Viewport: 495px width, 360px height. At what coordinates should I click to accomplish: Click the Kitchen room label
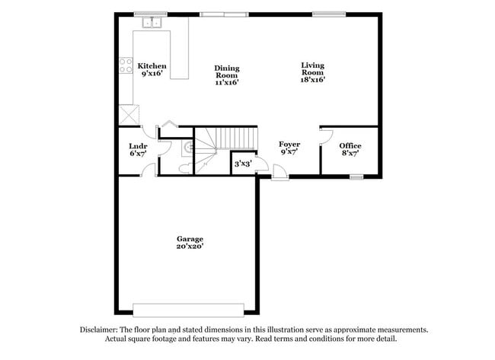[152, 66]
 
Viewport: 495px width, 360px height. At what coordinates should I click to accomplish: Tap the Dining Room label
[226, 71]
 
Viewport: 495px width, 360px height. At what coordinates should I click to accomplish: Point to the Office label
[350, 145]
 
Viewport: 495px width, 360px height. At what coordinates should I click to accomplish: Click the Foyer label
[289, 144]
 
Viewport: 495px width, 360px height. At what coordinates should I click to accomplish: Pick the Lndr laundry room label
[138, 145]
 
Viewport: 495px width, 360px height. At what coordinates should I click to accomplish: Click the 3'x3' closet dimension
[242, 163]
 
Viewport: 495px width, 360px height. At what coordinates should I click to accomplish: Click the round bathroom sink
[186, 148]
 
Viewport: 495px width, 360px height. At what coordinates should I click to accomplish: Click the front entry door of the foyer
[280, 175]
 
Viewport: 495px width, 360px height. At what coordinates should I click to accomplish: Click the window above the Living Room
[328, 13]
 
